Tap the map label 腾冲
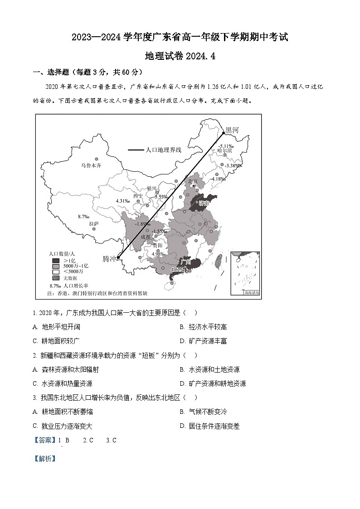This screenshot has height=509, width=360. click(x=109, y=259)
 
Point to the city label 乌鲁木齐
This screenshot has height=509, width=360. click(x=91, y=166)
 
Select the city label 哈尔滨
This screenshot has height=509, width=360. click(x=224, y=150)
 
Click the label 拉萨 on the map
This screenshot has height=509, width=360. click(x=94, y=223)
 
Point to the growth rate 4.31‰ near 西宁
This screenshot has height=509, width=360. click(x=123, y=201)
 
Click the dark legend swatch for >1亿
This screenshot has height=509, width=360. click(x=56, y=261)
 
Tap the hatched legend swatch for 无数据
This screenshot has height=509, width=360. click(x=56, y=278)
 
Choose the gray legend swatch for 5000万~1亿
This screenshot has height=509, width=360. click(x=56, y=266)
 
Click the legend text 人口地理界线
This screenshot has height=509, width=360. click(x=163, y=150)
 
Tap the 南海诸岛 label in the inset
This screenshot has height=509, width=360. click(x=252, y=293)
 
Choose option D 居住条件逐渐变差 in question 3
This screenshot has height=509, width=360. click(x=214, y=426)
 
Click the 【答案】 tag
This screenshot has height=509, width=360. click(x=44, y=440)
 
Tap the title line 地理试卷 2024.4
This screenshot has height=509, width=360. click(x=180, y=56)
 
